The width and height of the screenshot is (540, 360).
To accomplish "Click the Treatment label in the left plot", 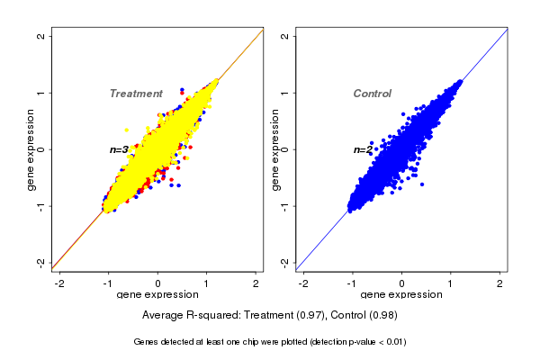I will (x=136, y=94).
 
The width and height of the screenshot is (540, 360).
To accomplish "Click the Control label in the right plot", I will (x=373, y=94).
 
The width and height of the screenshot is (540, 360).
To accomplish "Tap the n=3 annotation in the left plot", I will (x=119, y=149).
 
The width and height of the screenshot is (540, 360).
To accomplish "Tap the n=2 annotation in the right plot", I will (x=362, y=149).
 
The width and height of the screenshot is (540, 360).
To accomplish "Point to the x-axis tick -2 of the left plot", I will (x=60, y=283).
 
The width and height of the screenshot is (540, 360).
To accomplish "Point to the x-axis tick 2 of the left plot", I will (x=256, y=283).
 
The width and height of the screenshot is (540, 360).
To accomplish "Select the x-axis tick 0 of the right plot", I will (x=402, y=283).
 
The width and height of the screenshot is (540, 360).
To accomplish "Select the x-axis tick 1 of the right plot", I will (x=452, y=283).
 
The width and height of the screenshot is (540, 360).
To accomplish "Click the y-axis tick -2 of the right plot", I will (x=285, y=262).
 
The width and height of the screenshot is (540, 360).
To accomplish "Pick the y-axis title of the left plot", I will (x=31, y=149).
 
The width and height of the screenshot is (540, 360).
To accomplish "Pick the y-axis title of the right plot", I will (x=275, y=149).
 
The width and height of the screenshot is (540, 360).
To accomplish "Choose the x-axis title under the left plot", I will (x=157, y=295).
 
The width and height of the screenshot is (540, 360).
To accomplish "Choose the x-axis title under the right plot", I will (x=402, y=295).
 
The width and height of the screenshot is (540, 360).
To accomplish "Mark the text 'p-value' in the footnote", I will (x=358, y=342).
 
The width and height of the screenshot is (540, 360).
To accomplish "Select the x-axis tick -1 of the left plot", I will (x=109, y=283).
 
